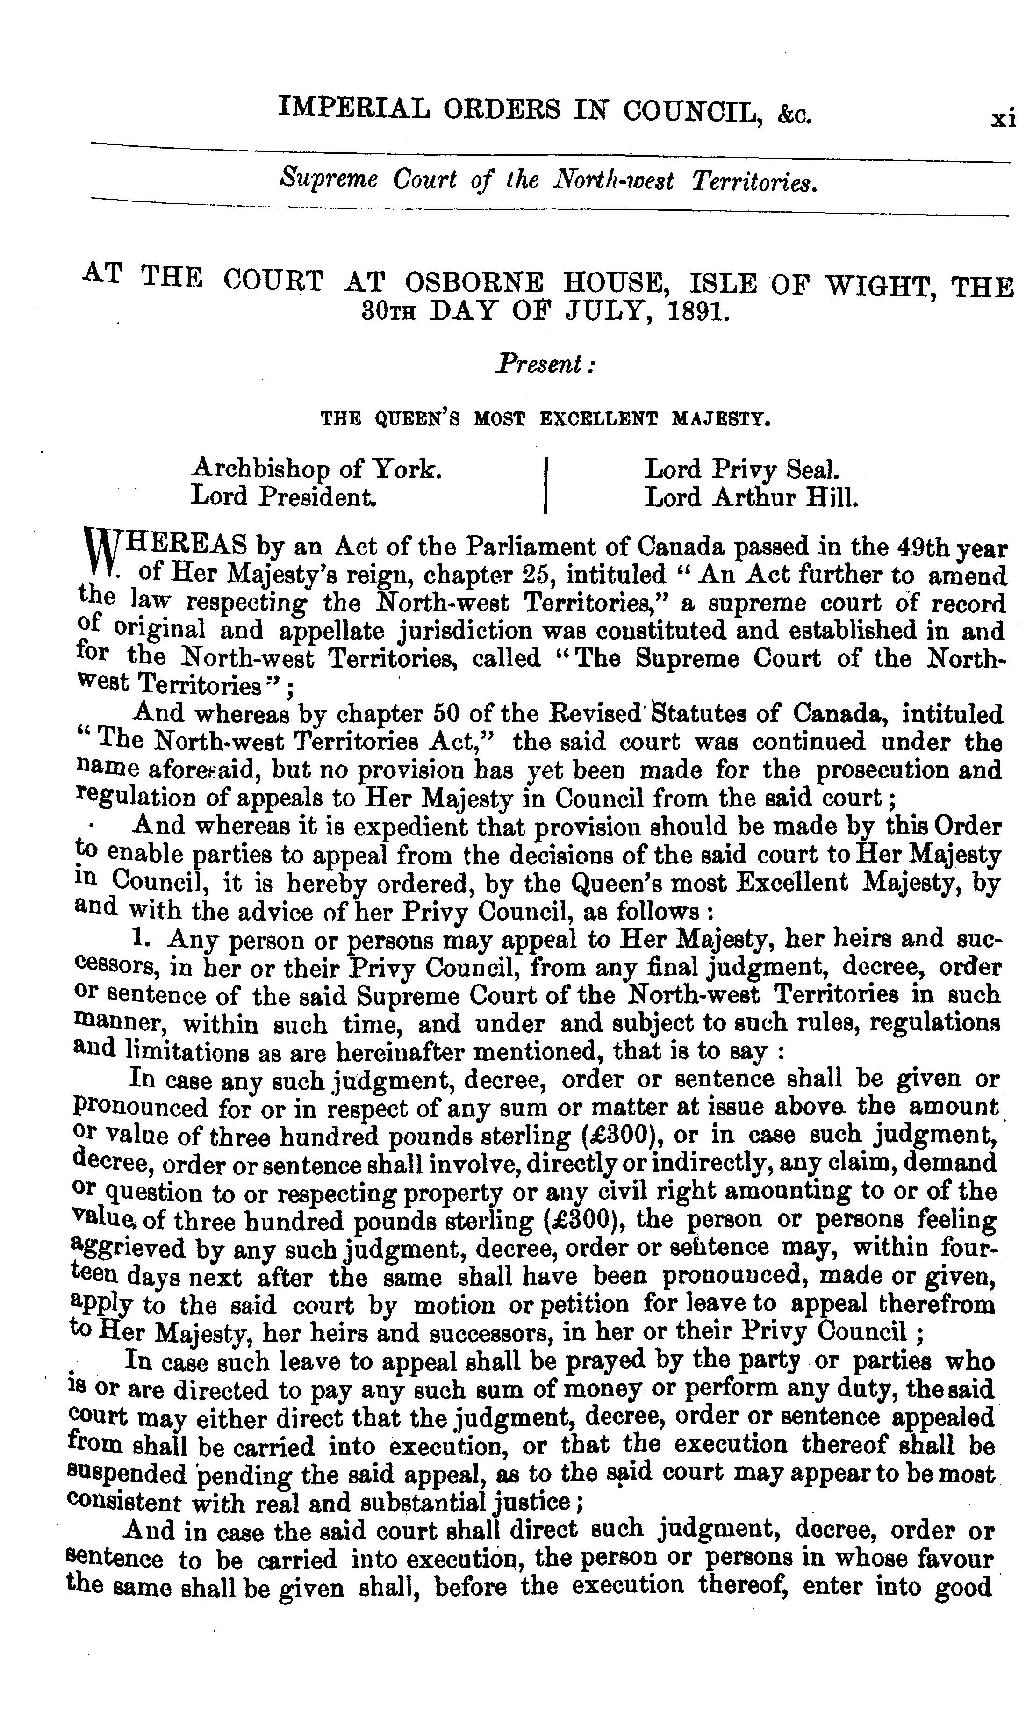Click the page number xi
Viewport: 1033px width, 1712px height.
pyautogui.click(x=1003, y=117)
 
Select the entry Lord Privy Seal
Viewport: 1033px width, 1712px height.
pyautogui.click(x=742, y=470)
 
